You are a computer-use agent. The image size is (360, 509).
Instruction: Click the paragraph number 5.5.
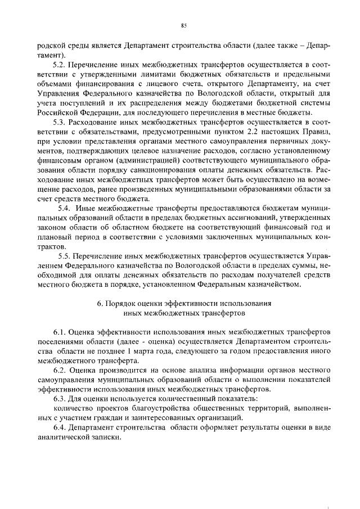point(64,257)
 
